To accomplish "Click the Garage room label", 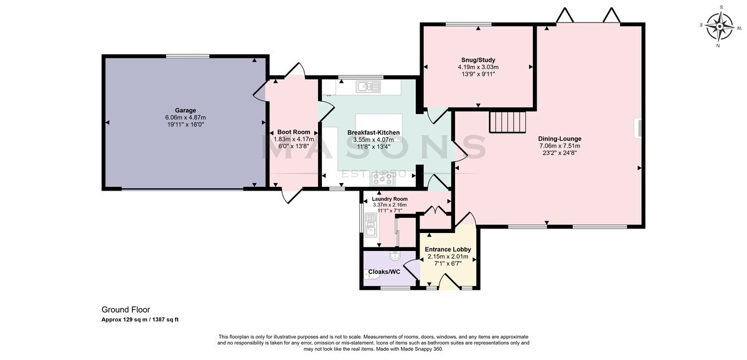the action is [x=186, y=110].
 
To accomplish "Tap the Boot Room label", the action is [x=293, y=132].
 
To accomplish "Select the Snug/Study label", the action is [x=478, y=60].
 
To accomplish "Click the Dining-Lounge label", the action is [x=560, y=139].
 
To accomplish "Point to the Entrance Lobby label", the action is [x=448, y=250].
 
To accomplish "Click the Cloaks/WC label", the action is [x=384, y=272].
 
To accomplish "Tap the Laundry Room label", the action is [x=390, y=199].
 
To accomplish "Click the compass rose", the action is [x=720, y=26].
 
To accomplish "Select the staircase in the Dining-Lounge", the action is [x=507, y=121].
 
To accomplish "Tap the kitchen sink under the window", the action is [x=368, y=87].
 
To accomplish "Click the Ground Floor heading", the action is [x=126, y=310].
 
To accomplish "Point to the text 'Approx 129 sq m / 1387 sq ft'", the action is [x=140, y=320].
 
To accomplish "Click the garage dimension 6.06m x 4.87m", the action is [x=186, y=118].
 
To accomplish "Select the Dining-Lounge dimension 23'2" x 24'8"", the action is [x=560, y=153].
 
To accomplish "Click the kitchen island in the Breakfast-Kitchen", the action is [x=379, y=128].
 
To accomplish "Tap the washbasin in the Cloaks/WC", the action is [x=395, y=256].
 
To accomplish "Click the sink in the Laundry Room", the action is [x=371, y=225].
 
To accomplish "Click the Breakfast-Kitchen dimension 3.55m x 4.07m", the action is [x=374, y=140].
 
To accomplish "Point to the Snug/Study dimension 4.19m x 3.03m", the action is [x=478, y=67].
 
